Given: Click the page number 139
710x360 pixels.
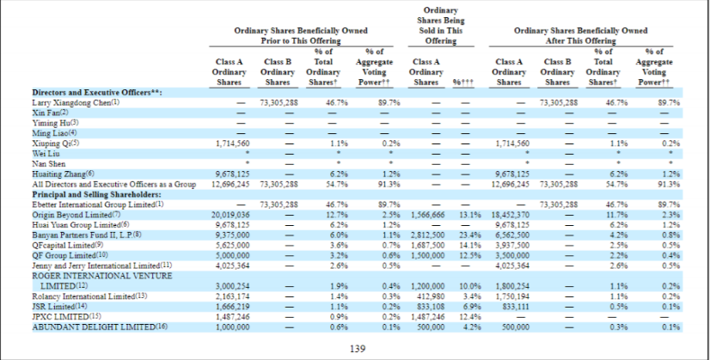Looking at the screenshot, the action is pyautogui.click(x=358, y=349).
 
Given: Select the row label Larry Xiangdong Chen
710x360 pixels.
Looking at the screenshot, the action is pyautogui.click(x=70, y=103).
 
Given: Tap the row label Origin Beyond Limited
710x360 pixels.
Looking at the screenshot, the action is pyautogui.click(x=71, y=215).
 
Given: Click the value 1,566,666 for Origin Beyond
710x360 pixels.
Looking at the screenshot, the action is pyautogui.click(x=428, y=215).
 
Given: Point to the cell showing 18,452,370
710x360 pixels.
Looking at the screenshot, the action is pyautogui.click(x=506, y=215).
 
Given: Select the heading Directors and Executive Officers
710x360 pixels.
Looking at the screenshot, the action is pyautogui.click(x=97, y=93).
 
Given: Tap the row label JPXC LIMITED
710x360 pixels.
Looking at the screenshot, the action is pyautogui.click(x=61, y=316).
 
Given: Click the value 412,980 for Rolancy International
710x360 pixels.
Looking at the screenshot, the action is pyautogui.click(x=432, y=296).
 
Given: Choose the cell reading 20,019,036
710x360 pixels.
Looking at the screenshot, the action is pyautogui.click(x=230, y=215).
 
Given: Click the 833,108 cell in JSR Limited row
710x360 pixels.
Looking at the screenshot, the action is pyautogui.click(x=432, y=307).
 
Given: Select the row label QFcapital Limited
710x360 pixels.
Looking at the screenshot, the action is pyautogui.click(x=65, y=246).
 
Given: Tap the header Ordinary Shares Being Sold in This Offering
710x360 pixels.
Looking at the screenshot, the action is pyautogui.click(x=441, y=25).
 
